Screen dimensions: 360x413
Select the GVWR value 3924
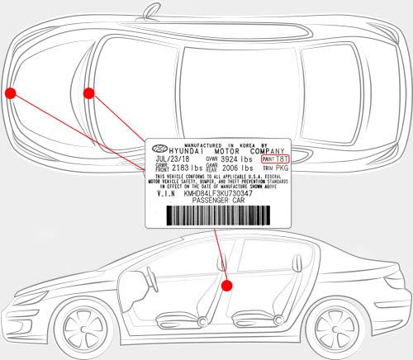[231, 160]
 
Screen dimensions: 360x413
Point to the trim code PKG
[281, 168]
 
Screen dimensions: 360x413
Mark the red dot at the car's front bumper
[11, 92]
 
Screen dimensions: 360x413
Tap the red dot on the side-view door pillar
[228, 284]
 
